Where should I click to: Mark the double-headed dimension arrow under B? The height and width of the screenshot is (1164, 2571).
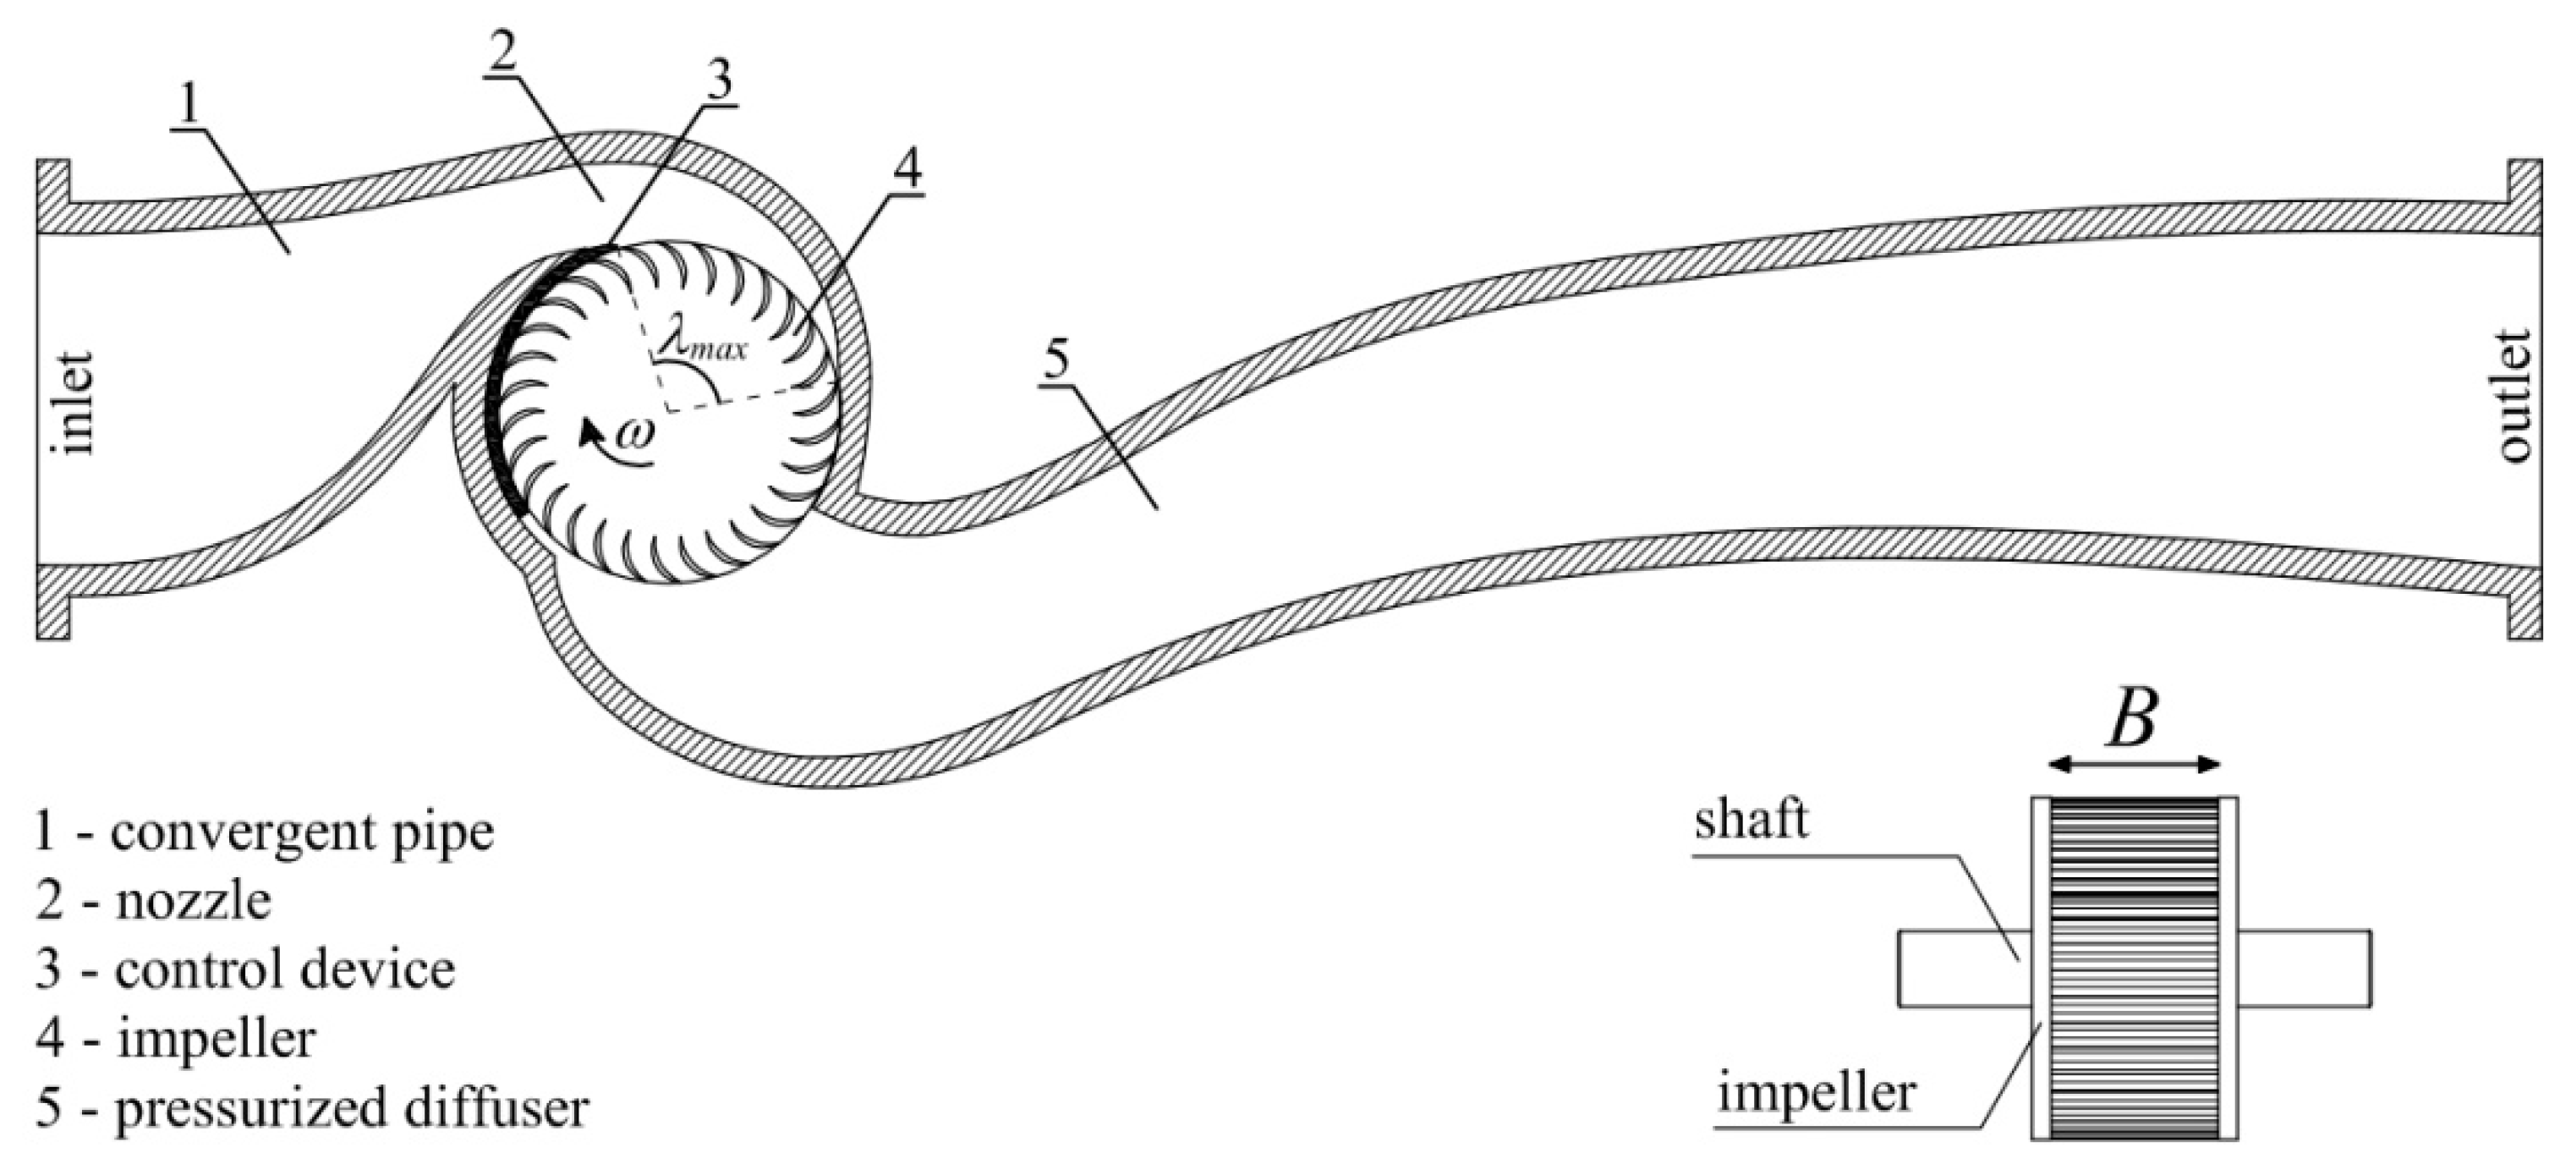point(2134,765)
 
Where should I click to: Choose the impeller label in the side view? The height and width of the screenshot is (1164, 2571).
point(1817,1093)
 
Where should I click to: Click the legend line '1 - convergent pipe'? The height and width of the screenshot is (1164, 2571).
point(264,832)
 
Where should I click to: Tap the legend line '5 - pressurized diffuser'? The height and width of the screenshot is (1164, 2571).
point(311,1108)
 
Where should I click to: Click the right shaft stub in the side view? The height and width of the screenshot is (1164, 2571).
point(2304,969)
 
